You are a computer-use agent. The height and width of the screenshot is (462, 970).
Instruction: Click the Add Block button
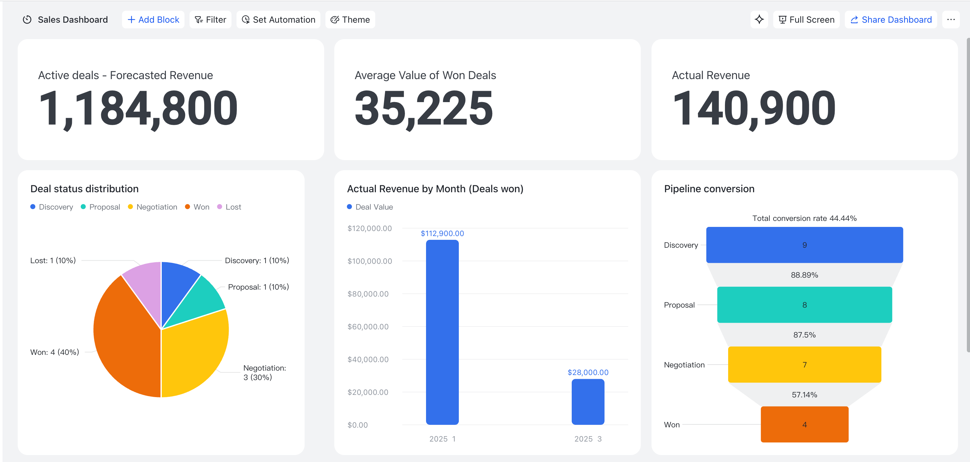pyautogui.click(x=153, y=20)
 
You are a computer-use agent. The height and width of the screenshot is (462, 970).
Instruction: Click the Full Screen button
pyautogui.click(x=806, y=20)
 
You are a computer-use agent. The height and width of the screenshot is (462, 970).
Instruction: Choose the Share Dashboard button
pyautogui.click(x=891, y=20)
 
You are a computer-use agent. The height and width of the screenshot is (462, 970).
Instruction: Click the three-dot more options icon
pyautogui.click(x=951, y=20)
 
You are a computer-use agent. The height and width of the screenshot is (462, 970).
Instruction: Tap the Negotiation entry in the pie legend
pyautogui.click(x=153, y=207)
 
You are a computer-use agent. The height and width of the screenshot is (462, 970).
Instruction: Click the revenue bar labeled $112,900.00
pyautogui.click(x=442, y=332)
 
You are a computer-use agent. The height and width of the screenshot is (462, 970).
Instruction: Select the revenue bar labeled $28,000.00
pyautogui.click(x=588, y=402)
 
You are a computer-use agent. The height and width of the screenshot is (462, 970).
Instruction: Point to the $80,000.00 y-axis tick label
pyautogui.click(x=368, y=294)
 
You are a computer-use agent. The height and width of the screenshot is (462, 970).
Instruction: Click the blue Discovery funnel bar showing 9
pyautogui.click(x=804, y=245)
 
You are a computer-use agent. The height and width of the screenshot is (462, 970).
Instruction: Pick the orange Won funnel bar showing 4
pyautogui.click(x=804, y=424)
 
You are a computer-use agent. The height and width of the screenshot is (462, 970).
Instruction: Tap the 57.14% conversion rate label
pyautogui.click(x=804, y=395)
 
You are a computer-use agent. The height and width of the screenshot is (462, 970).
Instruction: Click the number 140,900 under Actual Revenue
pyautogui.click(x=754, y=109)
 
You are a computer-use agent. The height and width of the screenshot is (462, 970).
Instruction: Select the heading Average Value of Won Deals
pyautogui.click(x=425, y=75)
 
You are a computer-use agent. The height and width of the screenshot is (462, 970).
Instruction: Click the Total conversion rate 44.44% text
pyautogui.click(x=804, y=218)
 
